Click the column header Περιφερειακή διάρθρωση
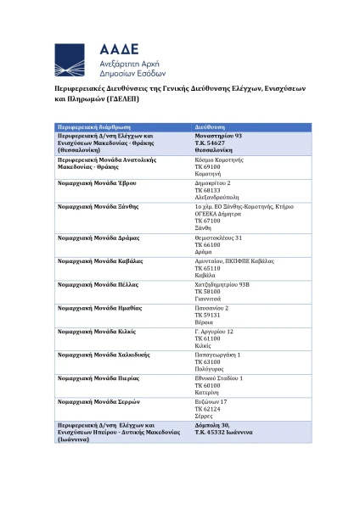91,126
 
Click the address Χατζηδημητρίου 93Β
222,285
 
